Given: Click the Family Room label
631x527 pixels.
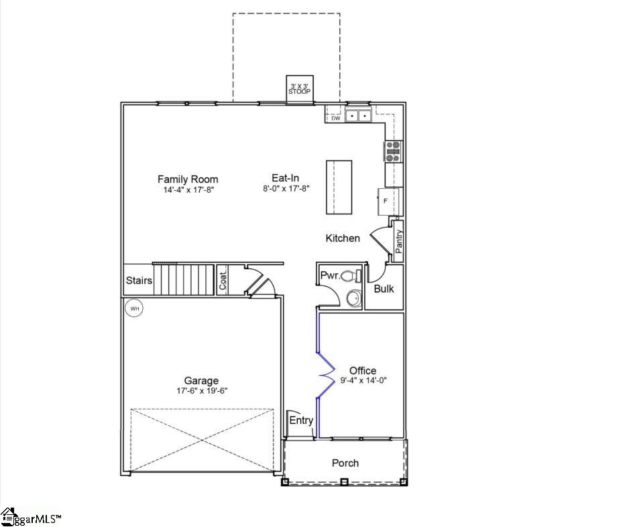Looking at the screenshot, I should click(188, 179).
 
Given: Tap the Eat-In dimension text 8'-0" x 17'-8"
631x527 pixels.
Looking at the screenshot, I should click(285, 190).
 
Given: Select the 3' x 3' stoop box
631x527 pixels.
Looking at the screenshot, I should click(300, 89).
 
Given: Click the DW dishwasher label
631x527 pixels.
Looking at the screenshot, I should click(336, 119).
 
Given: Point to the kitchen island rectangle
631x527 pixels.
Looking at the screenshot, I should click(339, 187).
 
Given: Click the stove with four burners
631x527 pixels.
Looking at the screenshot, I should click(393, 152).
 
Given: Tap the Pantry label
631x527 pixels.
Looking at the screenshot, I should click(399, 241).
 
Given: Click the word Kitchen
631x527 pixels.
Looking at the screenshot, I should click(343, 238).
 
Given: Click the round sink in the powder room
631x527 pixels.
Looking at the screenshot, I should click(353, 299).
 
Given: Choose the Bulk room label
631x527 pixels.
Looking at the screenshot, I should click(384, 289).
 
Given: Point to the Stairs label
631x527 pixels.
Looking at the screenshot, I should click(139, 281).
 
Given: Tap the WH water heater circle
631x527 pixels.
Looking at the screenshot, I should click(134, 309).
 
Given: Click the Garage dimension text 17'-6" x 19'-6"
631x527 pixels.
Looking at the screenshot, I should click(202, 391).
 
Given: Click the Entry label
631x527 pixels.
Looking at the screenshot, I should click(301, 421).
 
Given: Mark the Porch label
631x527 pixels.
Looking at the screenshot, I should click(345, 463).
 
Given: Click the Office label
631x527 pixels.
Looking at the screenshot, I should click(363, 370).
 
